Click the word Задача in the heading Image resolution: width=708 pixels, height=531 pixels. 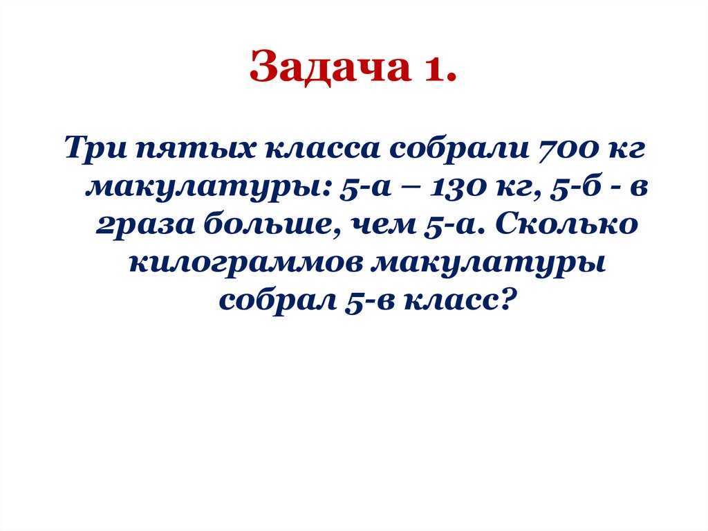tap(326, 69)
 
